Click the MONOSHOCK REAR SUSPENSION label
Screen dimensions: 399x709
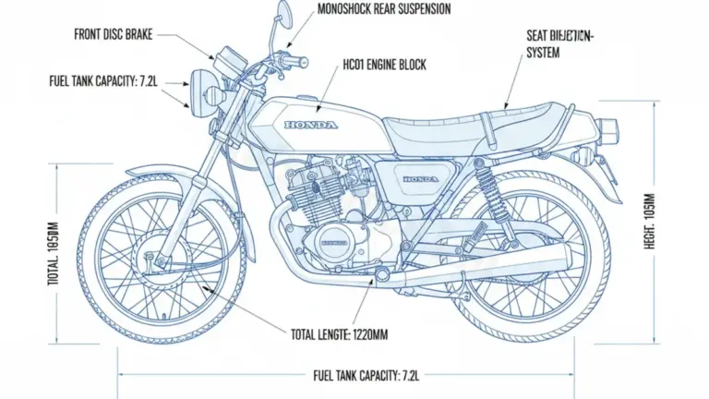(x=383, y=10)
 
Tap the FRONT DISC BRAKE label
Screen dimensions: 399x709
(x=113, y=34)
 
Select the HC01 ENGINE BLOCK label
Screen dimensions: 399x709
(x=384, y=66)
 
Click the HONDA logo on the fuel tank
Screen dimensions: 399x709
(x=311, y=125)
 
